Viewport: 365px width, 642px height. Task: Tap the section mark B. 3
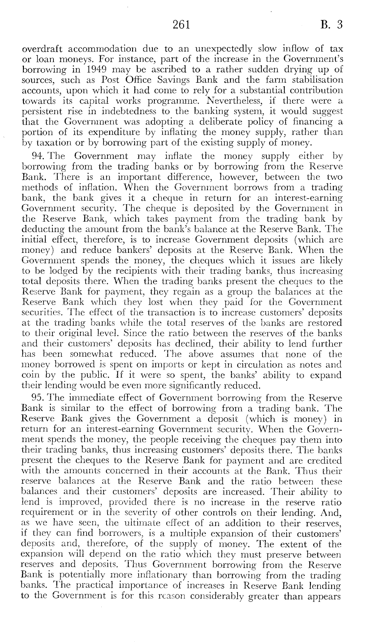coord(332,25)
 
